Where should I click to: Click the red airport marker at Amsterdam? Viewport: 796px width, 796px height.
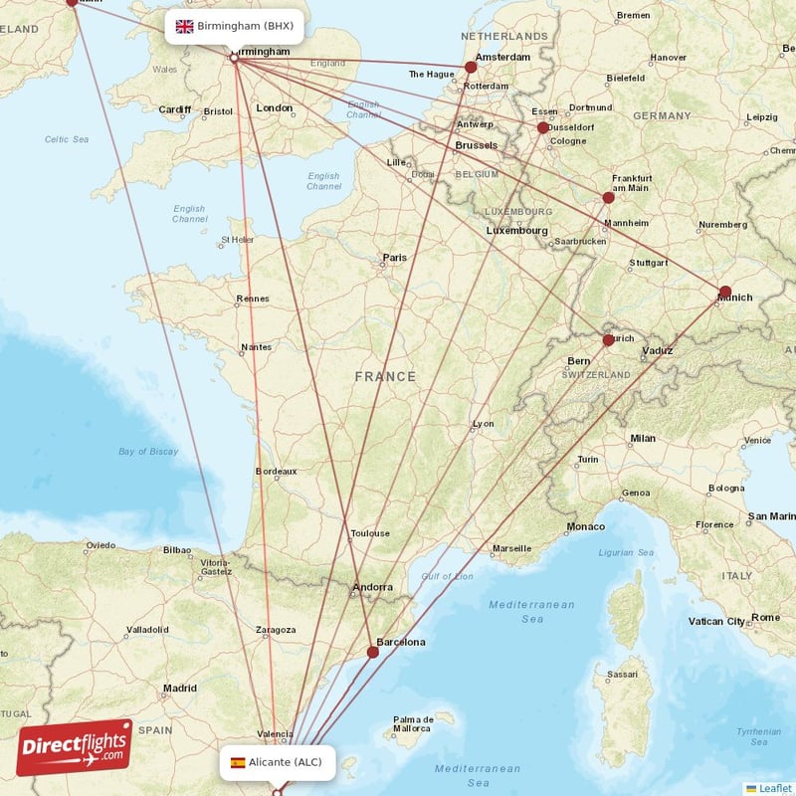point(472,68)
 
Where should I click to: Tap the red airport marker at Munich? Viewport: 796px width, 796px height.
point(725,292)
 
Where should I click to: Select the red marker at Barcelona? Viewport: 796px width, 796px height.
point(372,653)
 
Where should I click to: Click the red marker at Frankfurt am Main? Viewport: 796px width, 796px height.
point(609,197)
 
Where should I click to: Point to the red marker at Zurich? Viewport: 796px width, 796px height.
point(609,340)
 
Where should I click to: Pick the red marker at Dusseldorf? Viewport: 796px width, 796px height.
point(543,127)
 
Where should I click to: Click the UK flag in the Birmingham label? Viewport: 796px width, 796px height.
point(184,27)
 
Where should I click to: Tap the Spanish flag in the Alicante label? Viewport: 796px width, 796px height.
point(238,763)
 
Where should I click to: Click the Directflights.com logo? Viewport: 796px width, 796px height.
point(74,746)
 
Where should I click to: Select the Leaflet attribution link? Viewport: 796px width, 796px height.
point(774,788)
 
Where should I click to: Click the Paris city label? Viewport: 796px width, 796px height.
point(395,258)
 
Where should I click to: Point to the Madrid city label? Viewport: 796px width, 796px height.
point(180,688)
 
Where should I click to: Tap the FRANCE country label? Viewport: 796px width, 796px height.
point(385,376)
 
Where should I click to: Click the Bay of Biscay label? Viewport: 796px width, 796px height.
point(148,452)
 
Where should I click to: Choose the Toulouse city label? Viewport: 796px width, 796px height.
point(369,533)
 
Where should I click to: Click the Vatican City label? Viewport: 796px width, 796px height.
point(716,621)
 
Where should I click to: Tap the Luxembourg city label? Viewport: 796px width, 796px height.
point(516,231)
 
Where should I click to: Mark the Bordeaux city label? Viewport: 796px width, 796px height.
point(276,471)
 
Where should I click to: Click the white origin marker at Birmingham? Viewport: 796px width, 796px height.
point(235,59)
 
